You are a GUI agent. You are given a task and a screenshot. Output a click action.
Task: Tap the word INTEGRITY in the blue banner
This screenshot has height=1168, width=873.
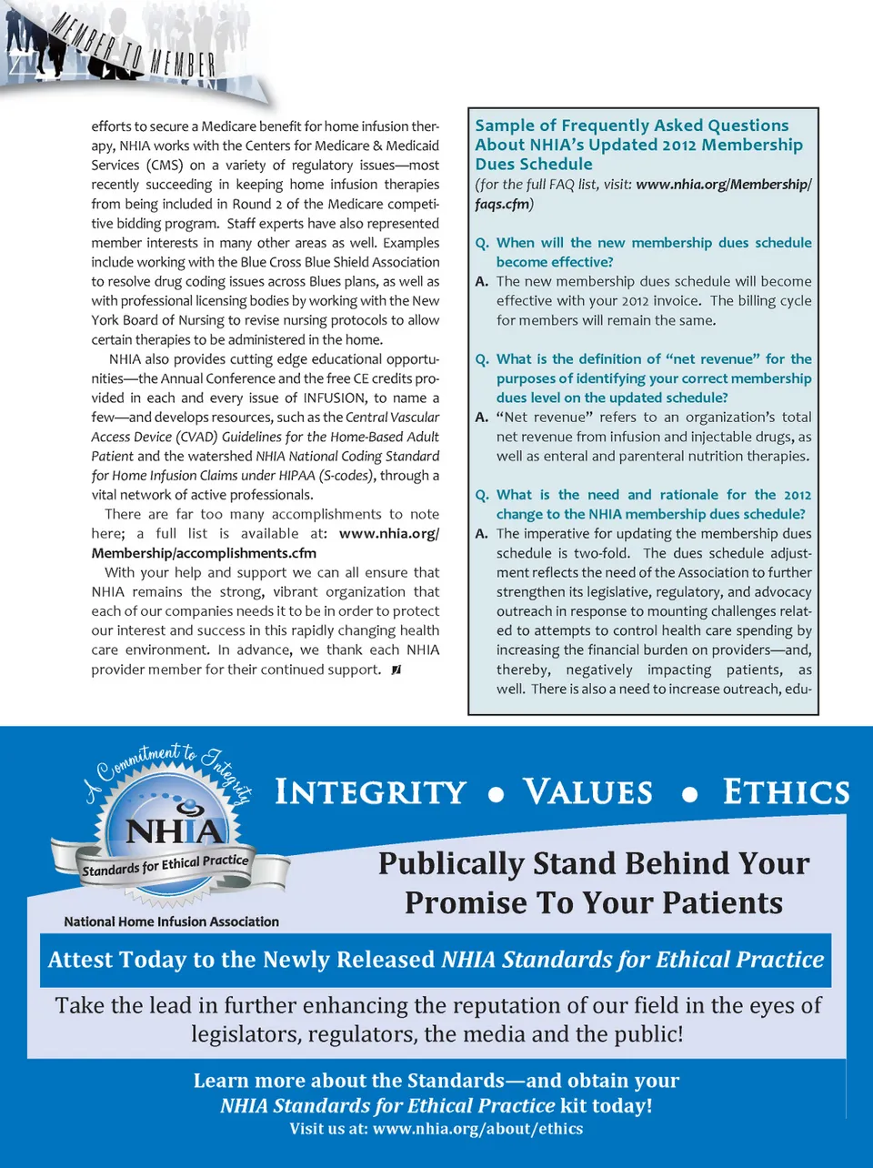(x=370, y=792)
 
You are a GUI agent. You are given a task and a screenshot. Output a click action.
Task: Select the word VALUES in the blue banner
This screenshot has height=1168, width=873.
(x=588, y=792)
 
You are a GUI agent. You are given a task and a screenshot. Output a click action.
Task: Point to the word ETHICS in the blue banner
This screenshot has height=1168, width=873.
(x=787, y=792)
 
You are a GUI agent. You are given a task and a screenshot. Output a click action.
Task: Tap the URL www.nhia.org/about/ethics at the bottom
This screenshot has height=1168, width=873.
(x=477, y=1129)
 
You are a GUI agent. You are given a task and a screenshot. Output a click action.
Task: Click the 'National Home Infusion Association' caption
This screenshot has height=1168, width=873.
(x=171, y=921)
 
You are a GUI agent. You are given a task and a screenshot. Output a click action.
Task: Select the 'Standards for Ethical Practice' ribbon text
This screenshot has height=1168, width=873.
(x=165, y=864)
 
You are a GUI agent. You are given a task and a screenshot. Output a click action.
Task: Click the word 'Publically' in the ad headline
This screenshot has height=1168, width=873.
(x=451, y=863)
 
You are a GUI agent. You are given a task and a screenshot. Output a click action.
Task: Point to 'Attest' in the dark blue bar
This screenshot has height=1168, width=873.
(x=80, y=960)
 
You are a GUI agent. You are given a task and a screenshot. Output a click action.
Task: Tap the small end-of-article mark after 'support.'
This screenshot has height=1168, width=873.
(x=396, y=670)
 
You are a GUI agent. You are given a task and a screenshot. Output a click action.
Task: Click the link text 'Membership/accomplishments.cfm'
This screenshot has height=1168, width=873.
(x=204, y=553)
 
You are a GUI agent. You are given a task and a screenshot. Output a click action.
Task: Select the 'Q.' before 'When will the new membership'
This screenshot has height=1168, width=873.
(x=482, y=243)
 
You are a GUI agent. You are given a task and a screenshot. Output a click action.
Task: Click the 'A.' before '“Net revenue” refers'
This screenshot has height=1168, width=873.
(x=482, y=417)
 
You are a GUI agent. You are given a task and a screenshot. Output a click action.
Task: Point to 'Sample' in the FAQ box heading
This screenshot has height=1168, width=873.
(x=504, y=126)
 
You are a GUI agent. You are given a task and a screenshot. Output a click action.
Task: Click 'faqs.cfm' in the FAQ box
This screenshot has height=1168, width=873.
(x=503, y=204)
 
